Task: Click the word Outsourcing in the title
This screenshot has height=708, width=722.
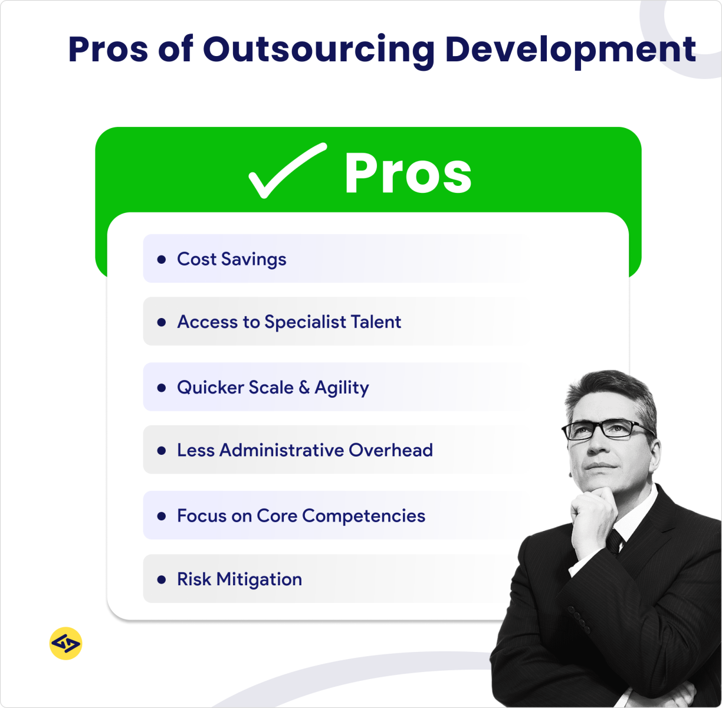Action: click(319, 50)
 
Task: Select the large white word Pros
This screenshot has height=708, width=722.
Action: click(408, 173)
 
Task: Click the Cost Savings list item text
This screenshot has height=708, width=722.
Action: click(231, 259)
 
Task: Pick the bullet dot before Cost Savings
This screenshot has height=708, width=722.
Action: click(162, 259)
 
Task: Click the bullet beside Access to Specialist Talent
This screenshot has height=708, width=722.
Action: click(162, 322)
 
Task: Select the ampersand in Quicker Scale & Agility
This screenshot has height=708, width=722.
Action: click(304, 388)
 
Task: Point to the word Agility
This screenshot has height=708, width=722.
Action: click(342, 388)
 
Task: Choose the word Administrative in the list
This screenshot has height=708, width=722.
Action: click(285, 450)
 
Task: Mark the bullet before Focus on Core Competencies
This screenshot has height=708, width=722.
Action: click(162, 516)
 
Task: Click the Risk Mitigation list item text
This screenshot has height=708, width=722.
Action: click(239, 579)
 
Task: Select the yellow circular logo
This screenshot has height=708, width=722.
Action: click(65, 643)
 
